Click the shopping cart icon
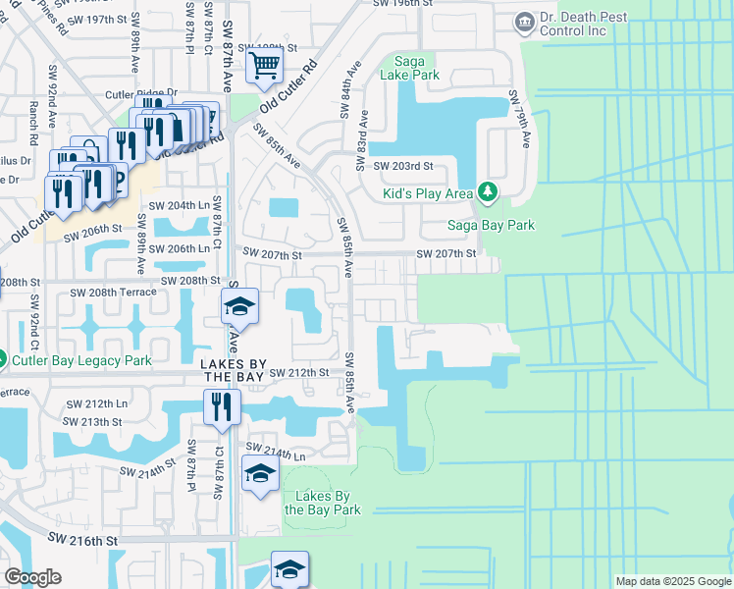pyautogui.click(x=264, y=66)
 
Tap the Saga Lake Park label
pyautogui.click(x=414, y=67)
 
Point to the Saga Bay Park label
pyautogui.click(x=491, y=225)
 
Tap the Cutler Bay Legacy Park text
pyautogui.click(x=81, y=360)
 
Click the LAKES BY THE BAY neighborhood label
pyautogui.click(x=234, y=372)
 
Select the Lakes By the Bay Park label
pyautogui.click(x=323, y=503)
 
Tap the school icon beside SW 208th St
pyautogui.click(x=239, y=306)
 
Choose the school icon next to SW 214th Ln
pyautogui.click(x=260, y=476)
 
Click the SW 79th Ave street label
pyautogui.click(x=519, y=119)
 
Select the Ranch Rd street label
pyautogui.click(x=33, y=113)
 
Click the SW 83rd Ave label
pyautogui.click(x=363, y=134)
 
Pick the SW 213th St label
pyautogui.click(x=93, y=421)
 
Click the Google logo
pyautogui.click(x=32, y=577)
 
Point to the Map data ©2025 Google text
pyautogui.click(x=672, y=581)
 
